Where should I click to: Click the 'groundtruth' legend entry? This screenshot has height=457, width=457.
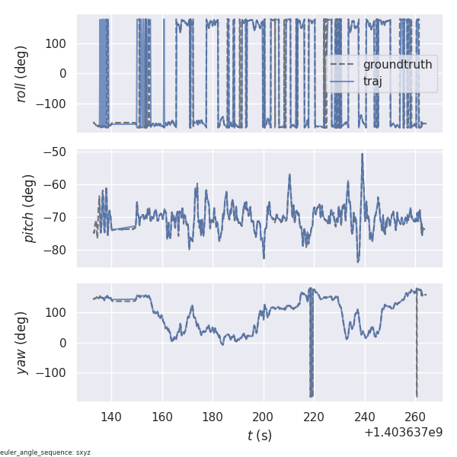point(397,65)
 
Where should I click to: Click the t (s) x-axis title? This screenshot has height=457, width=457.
point(259,436)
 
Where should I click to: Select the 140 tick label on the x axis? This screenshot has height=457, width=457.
point(111,417)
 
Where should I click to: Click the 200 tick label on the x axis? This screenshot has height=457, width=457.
point(264,417)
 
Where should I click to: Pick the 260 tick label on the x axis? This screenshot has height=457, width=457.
point(415,417)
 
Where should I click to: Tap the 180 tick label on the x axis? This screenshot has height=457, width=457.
point(213,417)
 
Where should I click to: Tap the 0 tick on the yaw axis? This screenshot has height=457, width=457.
point(64,343)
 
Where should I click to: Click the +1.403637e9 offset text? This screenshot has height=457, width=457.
point(403,432)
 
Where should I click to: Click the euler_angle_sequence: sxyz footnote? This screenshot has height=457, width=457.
point(46,452)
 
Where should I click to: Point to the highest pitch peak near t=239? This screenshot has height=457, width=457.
point(363,155)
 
